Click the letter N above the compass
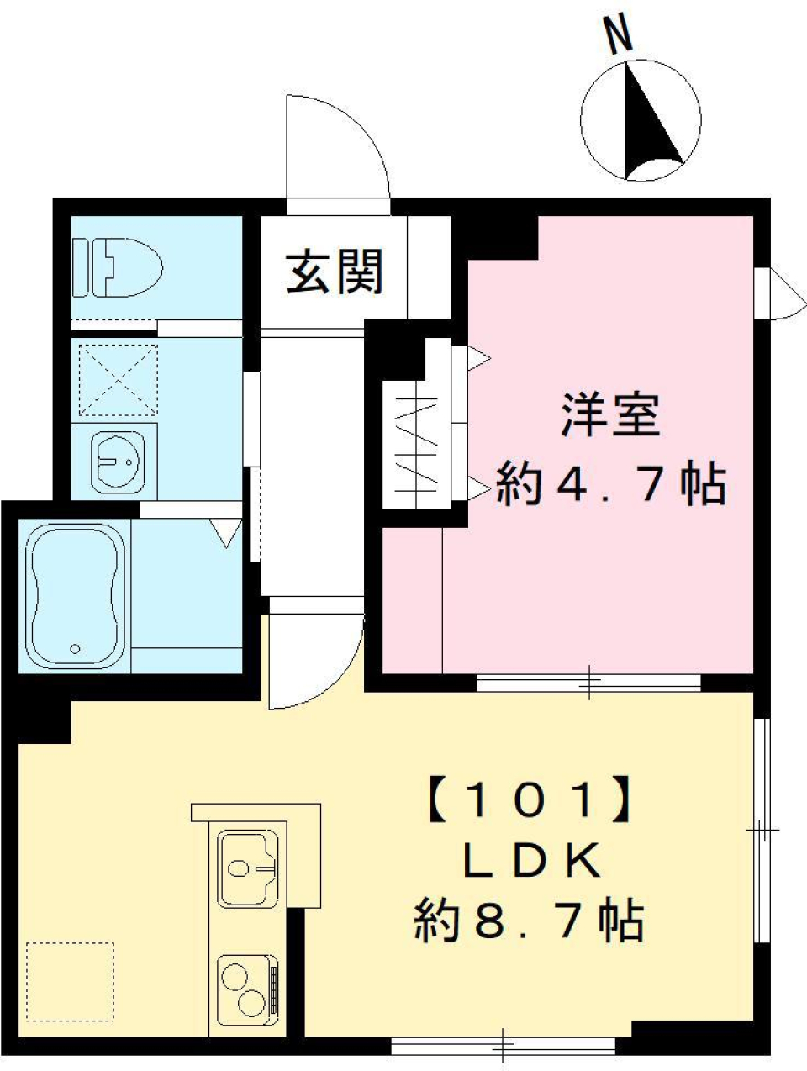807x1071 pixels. (620, 38)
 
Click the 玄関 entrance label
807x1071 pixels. (335, 272)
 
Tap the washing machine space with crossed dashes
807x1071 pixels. (118, 379)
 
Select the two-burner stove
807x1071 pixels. (247, 989)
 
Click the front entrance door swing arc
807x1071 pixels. (336, 147)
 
